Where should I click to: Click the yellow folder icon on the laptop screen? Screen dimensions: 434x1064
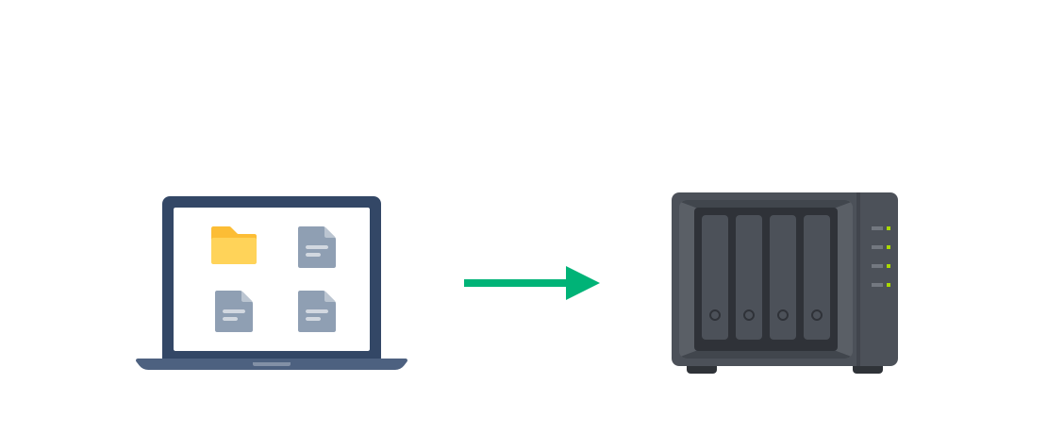pyautogui.click(x=234, y=245)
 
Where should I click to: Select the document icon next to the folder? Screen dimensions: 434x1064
pyautogui.click(x=317, y=247)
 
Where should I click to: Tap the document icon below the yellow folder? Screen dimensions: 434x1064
pyautogui.click(x=234, y=311)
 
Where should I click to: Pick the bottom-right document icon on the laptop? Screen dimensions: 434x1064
pyautogui.click(x=317, y=311)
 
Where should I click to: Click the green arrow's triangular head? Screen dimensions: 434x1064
pyautogui.click(x=581, y=283)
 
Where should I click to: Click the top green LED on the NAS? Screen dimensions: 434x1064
pyautogui.click(x=889, y=228)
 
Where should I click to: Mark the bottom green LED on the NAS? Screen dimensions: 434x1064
pyautogui.click(x=889, y=285)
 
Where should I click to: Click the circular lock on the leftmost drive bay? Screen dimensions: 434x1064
pyautogui.click(x=715, y=315)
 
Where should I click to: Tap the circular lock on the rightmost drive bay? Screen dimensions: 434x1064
pyautogui.click(x=817, y=315)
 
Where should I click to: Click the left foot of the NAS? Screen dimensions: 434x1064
pyautogui.click(x=702, y=370)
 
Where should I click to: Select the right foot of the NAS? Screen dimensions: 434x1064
pyautogui.click(x=868, y=370)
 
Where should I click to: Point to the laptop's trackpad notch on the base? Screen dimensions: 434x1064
pyautogui.click(x=272, y=363)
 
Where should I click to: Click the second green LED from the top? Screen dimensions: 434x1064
pyautogui.click(x=889, y=247)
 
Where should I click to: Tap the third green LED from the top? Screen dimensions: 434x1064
pyautogui.click(x=889, y=266)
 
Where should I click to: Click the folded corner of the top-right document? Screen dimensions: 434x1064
pyautogui.click(x=330, y=232)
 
